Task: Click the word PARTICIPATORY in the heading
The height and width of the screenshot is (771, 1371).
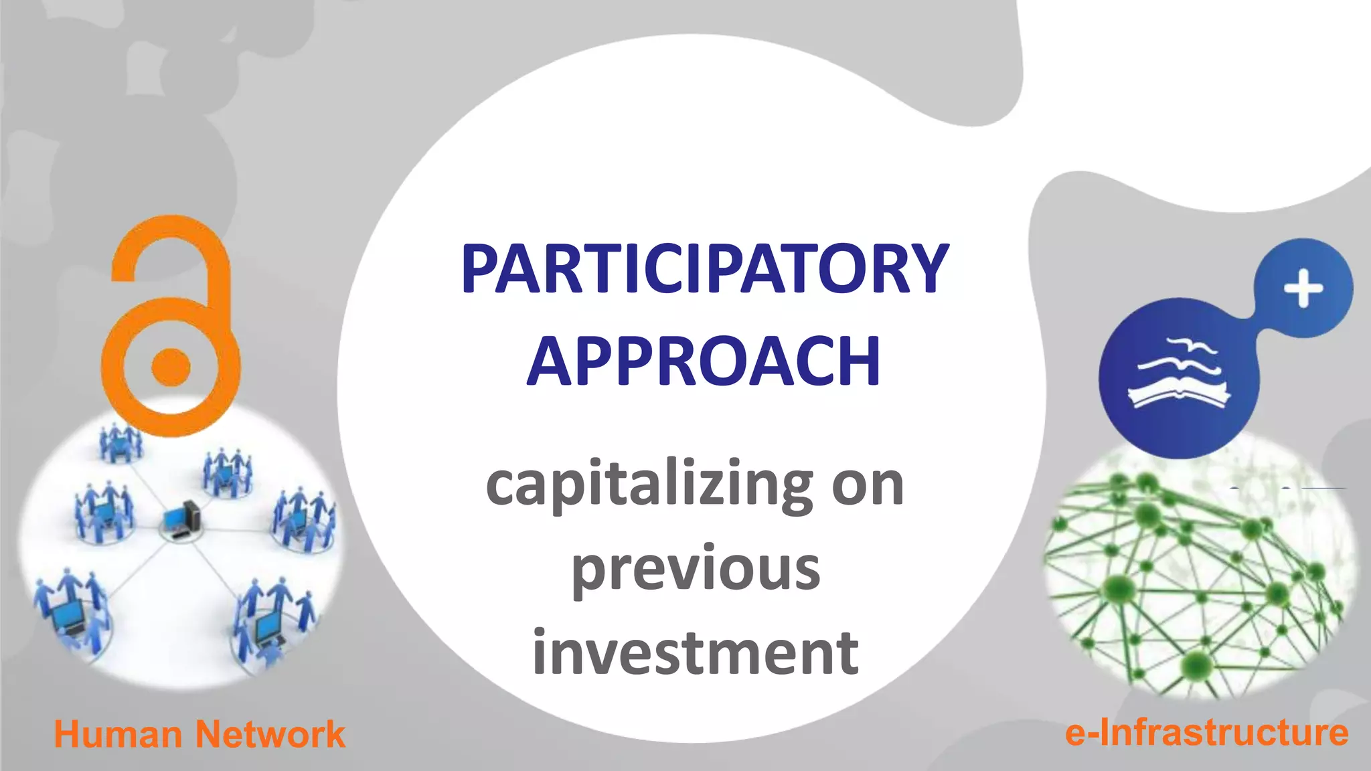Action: click(705, 269)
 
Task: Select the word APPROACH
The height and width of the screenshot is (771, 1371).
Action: click(704, 361)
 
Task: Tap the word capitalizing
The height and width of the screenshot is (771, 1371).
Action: click(649, 485)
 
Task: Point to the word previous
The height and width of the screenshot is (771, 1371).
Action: click(696, 570)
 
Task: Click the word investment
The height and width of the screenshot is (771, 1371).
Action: click(696, 653)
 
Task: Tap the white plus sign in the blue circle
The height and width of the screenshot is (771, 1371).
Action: click(1303, 289)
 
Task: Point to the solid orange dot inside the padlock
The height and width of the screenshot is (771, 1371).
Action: click(171, 367)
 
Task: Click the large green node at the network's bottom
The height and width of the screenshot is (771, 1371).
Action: click(1196, 665)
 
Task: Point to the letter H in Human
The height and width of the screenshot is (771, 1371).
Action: click(66, 734)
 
